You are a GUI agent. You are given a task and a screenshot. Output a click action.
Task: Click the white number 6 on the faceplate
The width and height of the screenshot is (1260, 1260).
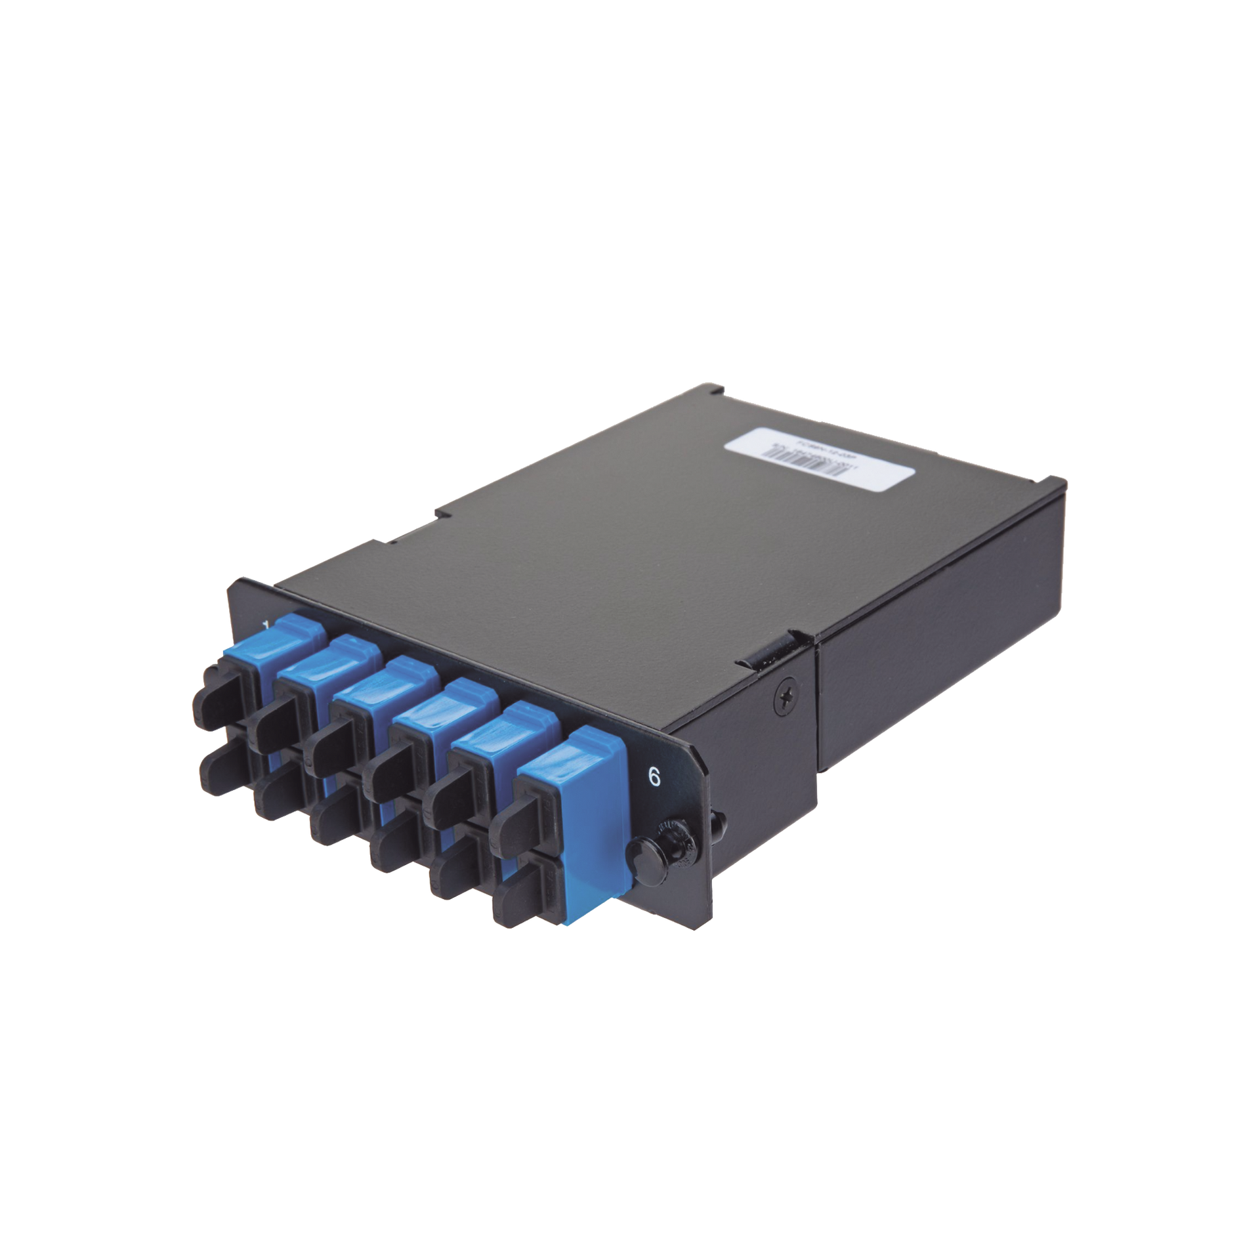point(654,776)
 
